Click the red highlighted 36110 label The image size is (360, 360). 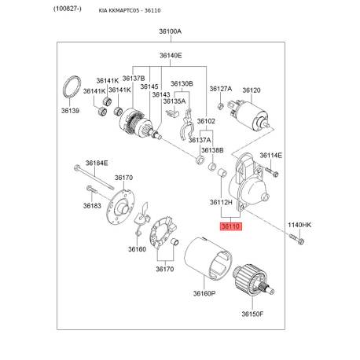(x=230, y=226)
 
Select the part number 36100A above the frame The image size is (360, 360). (x=171, y=31)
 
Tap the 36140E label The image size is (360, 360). (x=171, y=56)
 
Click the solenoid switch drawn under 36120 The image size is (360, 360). (x=248, y=116)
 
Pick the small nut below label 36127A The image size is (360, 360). (x=220, y=106)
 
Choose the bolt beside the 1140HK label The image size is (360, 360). (x=296, y=240)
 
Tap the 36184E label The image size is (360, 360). (x=97, y=163)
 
